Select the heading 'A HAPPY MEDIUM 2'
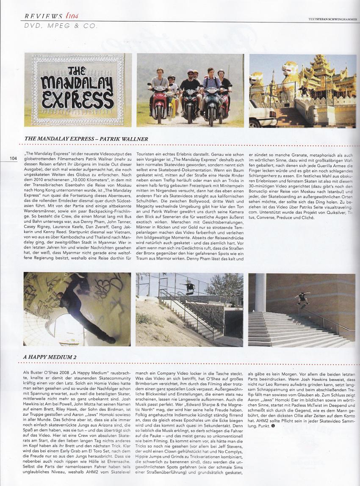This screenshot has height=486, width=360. click(50, 357)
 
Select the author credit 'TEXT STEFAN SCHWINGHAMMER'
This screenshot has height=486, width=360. click(333, 18)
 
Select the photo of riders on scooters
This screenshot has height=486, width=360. click(190, 90)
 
